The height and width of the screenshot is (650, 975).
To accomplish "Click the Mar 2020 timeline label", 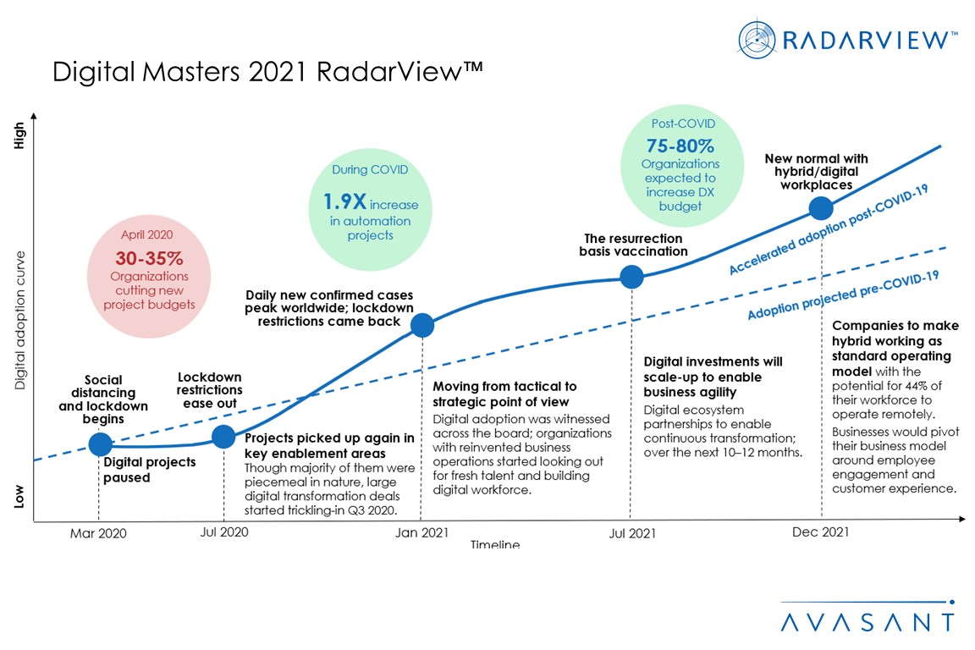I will point(98,533).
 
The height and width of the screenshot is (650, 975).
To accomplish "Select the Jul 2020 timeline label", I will point(224,533).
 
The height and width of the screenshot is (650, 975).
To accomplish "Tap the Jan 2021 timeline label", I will point(422,533).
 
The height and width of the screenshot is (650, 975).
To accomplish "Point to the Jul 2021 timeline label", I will point(631,533).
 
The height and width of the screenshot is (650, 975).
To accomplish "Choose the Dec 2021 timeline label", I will point(821,532).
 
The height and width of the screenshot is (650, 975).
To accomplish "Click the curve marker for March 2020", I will point(100,443).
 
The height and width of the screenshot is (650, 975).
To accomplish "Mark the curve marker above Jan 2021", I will point(421,325).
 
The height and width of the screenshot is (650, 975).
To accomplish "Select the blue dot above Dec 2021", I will point(820,208).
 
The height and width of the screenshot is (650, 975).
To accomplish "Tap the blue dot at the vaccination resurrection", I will point(631,276).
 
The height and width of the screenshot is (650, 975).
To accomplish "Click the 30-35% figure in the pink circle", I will point(149,258).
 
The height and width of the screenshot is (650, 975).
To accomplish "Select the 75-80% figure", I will point(680,145).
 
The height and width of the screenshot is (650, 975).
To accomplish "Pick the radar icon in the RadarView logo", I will point(757,39).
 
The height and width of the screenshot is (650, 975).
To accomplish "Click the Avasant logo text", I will point(868,621).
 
